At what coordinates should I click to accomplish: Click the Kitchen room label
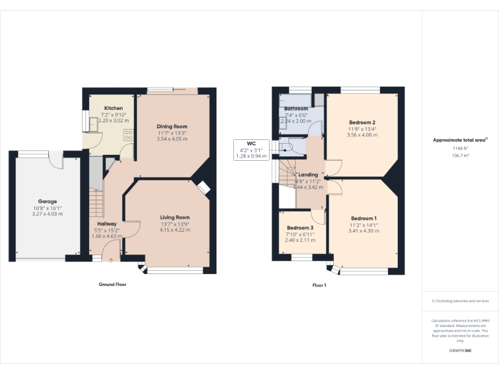(x=114, y=108)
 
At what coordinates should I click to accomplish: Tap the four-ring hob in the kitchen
(x=128, y=135)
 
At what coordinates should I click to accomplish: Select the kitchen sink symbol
(x=85, y=121)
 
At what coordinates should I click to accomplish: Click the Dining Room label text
(x=172, y=126)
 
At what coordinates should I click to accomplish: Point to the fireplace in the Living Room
(x=203, y=187)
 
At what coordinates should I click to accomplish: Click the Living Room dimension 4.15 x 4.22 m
(x=175, y=230)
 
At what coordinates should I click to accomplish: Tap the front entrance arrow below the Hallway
(x=110, y=260)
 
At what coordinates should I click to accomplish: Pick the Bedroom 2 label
(x=362, y=122)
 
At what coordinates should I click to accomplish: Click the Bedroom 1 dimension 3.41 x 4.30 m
(x=363, y=230)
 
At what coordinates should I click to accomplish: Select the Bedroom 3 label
(x=300, y=228)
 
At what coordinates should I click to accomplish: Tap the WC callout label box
(x=251, y=150)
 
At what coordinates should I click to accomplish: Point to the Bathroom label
(x=296, y=109)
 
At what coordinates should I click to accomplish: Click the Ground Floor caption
(x=112, y=285)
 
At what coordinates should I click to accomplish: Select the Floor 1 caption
(x=319, y=285)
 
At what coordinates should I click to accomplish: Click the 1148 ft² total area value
(x=460, y=148)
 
